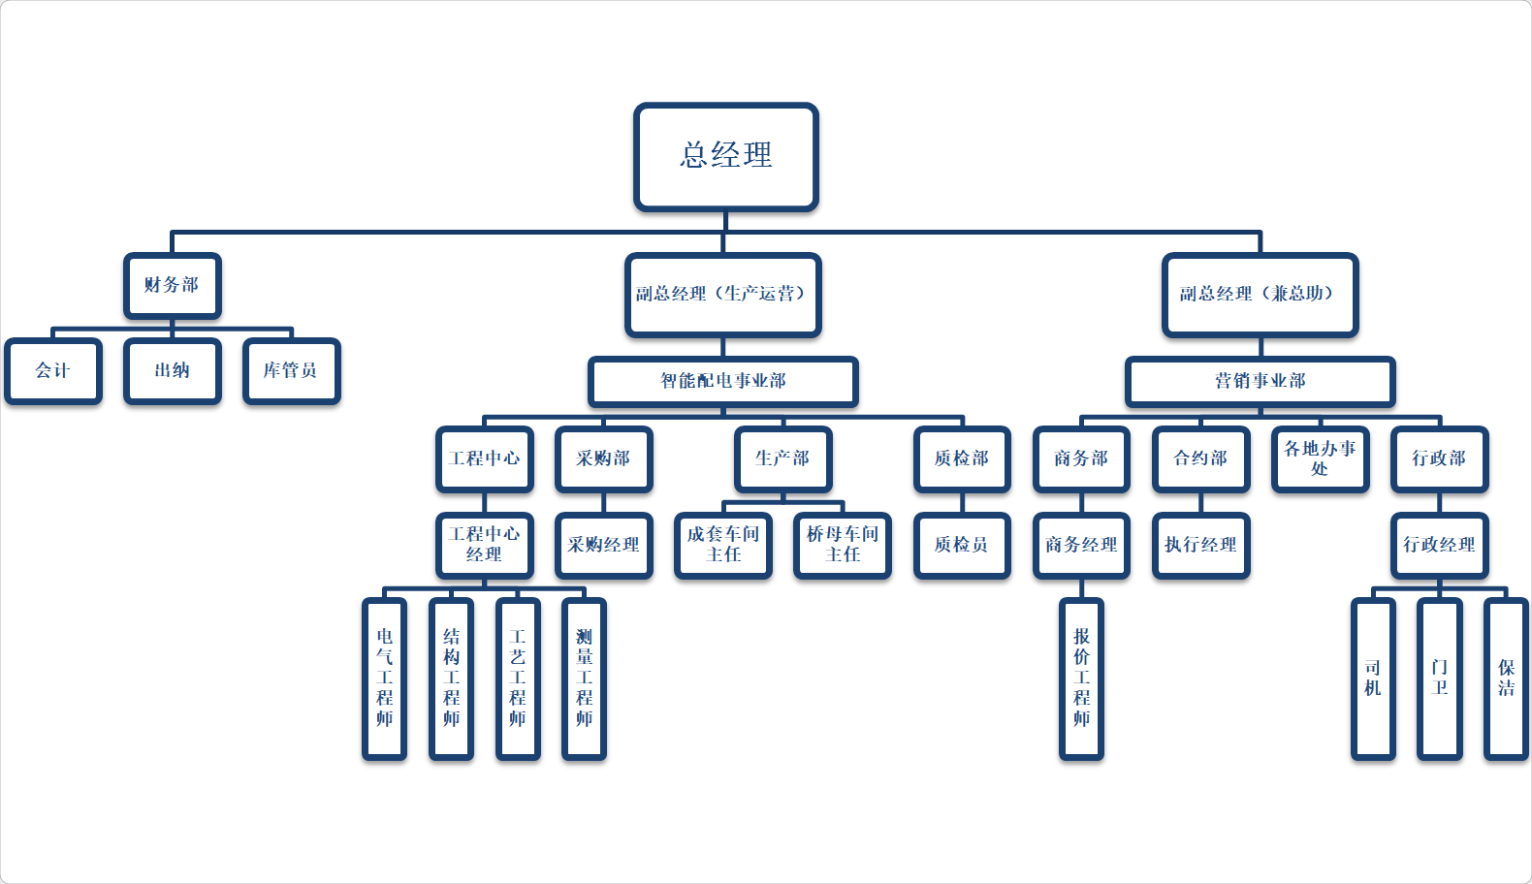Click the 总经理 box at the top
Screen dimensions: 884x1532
[x=725, y=156]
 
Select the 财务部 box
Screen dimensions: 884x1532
[x=172, y=285]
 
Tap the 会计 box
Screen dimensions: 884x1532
[x=53, y=370]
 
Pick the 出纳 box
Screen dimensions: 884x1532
[x=173, y=370]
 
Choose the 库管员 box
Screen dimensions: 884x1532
[x=291, y=370]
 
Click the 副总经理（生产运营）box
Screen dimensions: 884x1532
[x=722, y=294]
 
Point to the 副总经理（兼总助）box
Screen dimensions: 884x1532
[x=1259, y=294]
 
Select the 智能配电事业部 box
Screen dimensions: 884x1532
[x=722, y=381]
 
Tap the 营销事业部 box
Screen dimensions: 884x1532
[x=1260, y=381]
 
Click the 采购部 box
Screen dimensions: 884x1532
[x=603, y=458]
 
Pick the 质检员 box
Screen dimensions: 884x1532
[x=961, y=545]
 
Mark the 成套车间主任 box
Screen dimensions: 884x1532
[x=722, y=545]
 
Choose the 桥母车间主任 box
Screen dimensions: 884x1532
[x=842, y=545]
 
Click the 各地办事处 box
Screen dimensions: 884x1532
[x=1320, y=458]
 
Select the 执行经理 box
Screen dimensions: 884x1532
[x=1200, y=545]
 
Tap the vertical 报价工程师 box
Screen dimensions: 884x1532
[x=1081, y=678]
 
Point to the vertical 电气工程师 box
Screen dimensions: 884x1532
[x=384, y=678]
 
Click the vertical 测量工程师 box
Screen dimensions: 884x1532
[x=584, y=678]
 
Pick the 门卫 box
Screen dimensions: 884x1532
[x=1439, y=678]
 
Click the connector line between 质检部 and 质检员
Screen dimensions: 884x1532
[x=962, y=502]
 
